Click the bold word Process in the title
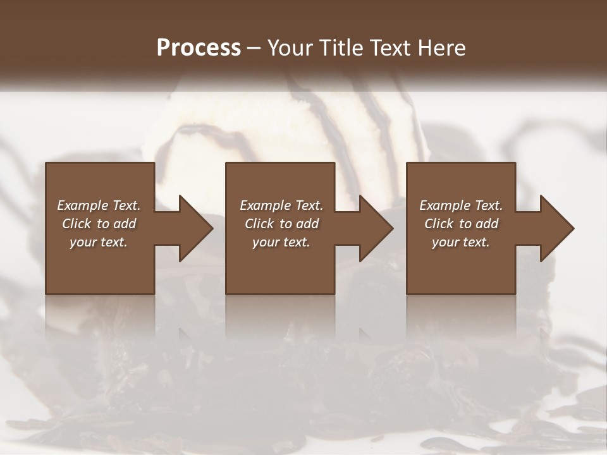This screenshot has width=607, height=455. pos(199,48)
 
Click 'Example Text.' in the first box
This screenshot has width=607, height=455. pos(99,205)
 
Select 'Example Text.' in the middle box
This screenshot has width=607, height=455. pos(281,205)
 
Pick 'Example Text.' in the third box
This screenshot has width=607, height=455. pos(461,205)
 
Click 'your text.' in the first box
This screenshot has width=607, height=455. pos(99,242)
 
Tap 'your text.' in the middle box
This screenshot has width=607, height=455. pos(281,242)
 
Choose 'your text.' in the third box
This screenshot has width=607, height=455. pos(461,242)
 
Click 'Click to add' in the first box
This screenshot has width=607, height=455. pos(99,224)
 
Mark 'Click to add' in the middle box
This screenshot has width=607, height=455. pos(281,224)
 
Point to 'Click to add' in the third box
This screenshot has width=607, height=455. pos(461,224)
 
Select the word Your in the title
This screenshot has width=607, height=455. pos(289,48)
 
